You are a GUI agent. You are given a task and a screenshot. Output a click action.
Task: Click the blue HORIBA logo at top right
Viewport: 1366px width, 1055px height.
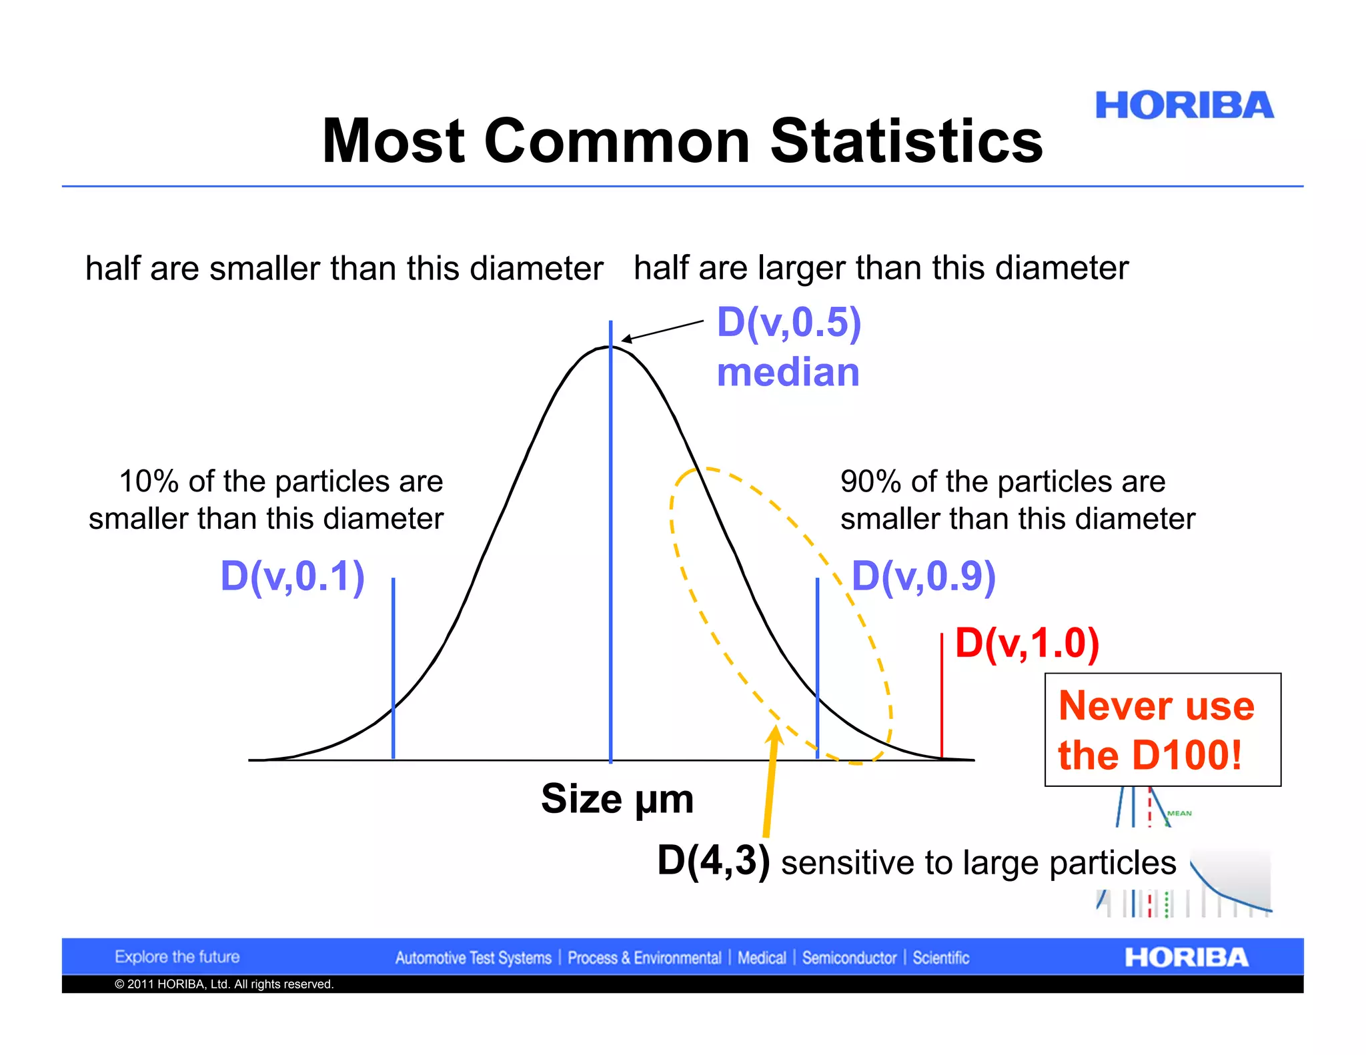point(1184,106)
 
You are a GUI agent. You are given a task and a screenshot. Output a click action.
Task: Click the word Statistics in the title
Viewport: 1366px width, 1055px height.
point(906,141)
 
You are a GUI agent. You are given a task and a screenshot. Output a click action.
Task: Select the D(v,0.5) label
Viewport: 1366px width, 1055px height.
point(789,323)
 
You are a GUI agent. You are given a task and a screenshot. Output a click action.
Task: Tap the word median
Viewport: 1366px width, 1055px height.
point(788,372)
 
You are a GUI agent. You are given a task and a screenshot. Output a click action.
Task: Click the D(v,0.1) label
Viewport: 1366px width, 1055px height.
point(292,576)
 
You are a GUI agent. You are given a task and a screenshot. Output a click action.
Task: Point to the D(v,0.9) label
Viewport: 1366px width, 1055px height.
point(924,576)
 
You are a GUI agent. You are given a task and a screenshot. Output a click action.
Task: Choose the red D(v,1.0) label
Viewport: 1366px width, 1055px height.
point(1027,644)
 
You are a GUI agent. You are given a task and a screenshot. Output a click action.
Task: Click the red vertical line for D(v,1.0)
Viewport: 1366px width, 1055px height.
point(941,697)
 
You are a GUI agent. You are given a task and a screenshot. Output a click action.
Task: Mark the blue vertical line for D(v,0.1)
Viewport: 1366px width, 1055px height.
point(394,667)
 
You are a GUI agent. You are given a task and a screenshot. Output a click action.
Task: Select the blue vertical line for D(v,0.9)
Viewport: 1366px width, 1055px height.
point(817,667)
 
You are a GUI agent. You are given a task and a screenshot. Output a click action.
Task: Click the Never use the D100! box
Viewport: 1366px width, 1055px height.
point(1162,730)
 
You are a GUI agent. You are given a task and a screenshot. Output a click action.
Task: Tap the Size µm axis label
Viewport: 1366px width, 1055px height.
point(617,798)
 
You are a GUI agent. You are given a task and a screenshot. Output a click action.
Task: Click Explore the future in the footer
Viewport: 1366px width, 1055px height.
point(177,957)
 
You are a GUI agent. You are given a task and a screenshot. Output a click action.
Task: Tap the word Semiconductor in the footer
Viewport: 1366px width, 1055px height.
point(849,958)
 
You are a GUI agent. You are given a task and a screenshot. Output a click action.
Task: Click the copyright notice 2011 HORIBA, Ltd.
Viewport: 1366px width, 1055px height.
point(223,984)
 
